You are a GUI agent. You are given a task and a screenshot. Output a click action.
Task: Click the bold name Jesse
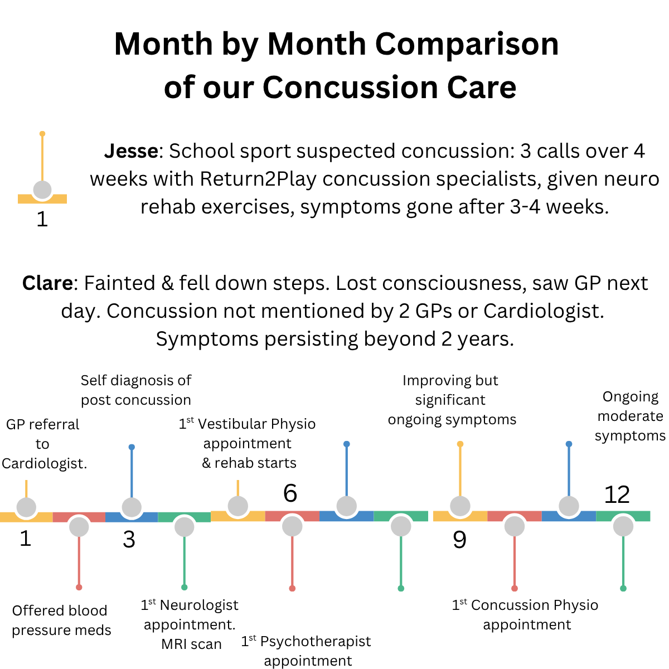pos(132,151)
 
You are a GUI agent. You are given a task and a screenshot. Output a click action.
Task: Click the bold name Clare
pos(47,283)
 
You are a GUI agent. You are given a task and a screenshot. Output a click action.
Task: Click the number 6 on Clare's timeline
pos(290,493)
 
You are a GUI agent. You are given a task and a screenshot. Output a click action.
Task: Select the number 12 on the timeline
pos(617,495)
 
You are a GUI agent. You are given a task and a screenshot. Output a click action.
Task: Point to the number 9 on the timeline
pos(459,540)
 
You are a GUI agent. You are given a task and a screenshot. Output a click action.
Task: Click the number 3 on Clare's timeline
pos(129,540)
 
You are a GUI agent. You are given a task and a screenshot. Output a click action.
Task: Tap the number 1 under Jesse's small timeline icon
pos(42,220)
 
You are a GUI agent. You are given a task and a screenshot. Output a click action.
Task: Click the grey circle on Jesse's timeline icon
pos(42,190)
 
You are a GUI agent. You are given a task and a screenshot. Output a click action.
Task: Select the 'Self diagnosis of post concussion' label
pos(136,390)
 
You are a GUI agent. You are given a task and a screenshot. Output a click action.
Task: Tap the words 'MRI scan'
pos(191,644)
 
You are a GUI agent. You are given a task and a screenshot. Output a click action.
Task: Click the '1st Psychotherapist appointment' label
pos(306,651)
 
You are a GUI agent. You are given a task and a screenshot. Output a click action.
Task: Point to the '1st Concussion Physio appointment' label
pos(525,614)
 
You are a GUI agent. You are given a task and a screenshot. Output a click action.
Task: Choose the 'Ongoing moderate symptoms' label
pos(630,416)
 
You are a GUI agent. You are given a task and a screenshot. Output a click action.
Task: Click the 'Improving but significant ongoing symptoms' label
pos(451,400)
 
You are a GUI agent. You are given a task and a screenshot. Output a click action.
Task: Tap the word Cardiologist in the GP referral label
pos(44,464)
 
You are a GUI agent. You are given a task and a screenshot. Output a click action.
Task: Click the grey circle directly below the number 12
pos(623,526)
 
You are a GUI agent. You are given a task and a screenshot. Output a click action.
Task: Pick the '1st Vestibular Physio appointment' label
pos(248,443)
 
